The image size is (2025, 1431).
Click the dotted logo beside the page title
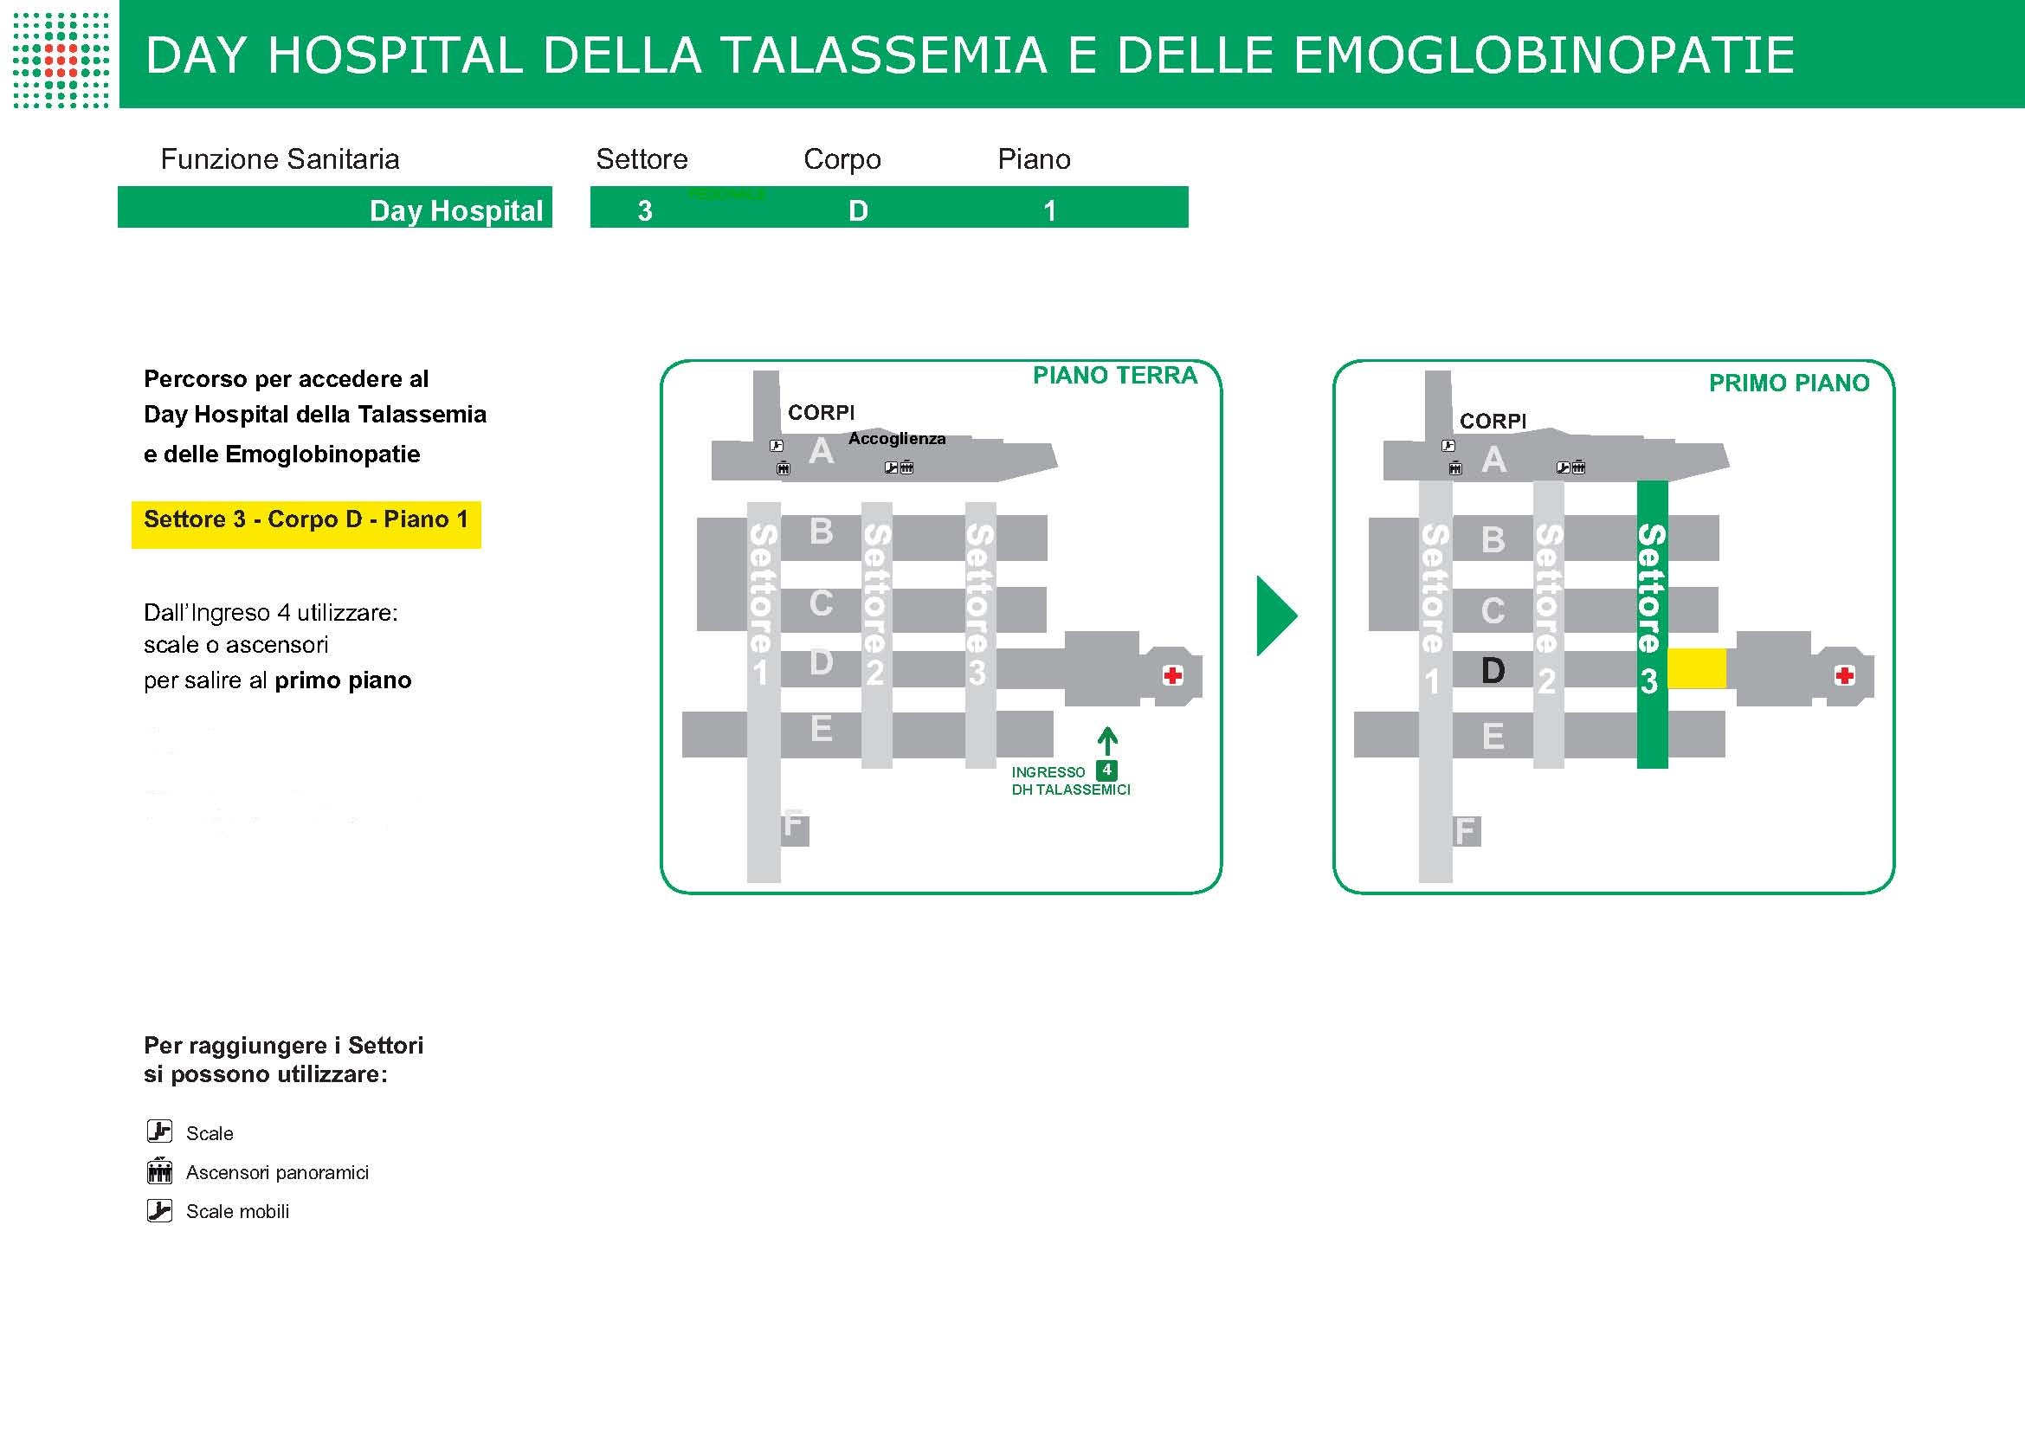click(x=61, y=60)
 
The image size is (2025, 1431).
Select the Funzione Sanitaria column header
click(x=280, y=158)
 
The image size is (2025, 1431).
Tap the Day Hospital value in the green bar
click(x=456, y=210)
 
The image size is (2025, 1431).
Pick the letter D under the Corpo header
click(x=858, y=210)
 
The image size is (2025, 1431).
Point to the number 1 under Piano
click(x=1049, y=210)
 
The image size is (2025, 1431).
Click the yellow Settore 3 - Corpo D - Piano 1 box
click(x=306, y=525)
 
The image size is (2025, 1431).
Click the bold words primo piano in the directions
click(x=343, y=680)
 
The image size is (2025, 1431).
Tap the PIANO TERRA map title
click(x=1115, y=376)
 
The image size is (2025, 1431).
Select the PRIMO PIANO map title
click(x=1789, y=383)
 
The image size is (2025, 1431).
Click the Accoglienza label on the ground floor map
click(x=897, y=438)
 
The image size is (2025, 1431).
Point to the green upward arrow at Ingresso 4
click(x=1108, y=742)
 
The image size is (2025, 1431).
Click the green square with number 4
click(x=1107, y=770)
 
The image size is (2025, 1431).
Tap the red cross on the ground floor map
click(x=1172, y=675)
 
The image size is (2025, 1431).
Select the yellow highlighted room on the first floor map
click(x=1697, y=668)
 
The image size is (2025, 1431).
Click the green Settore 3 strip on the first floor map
click(x=1653, y=624)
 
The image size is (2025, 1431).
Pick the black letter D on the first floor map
click(x=1493, y=671)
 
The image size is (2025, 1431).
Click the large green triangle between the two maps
click(x=1277, y=616)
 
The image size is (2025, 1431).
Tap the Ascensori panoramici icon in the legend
click(x=159, y=1171)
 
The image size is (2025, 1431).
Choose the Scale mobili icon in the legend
click(x=159, y=1210)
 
